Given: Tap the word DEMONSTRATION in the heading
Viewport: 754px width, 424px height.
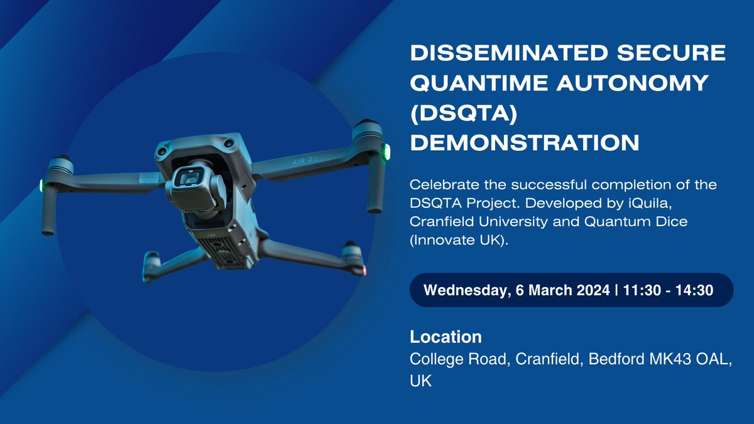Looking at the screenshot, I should pos(525,143).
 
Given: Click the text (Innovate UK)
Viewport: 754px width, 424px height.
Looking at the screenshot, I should pos(457,241).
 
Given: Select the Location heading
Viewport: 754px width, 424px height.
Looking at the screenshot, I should pos(445,337).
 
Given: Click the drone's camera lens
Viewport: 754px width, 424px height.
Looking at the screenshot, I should pos(189,179).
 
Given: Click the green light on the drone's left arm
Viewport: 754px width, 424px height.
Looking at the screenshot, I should pos(41,186).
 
